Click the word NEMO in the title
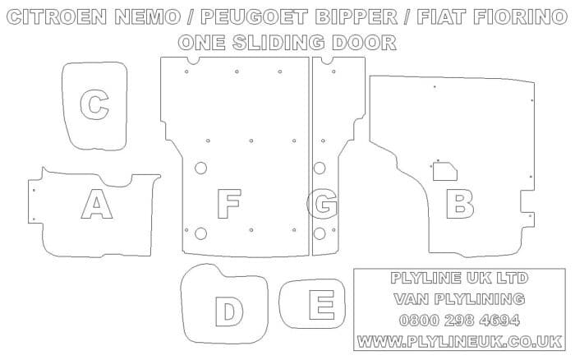pyautogui.click(x=147, y=17)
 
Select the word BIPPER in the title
pyautogui.click(x=356, y=17)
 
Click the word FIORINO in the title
pyautogui.click(x=520, y=17)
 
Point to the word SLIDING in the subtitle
pyautogui.click(x=278, y=43)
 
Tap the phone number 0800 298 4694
pyautogui.click(x=459, y=321)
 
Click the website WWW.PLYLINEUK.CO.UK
pyautogui.click(x=459, y=342)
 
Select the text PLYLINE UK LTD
pyautogui.click(x=459, y=278)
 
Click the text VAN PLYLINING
pyautogui.click(x=459, y=299)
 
